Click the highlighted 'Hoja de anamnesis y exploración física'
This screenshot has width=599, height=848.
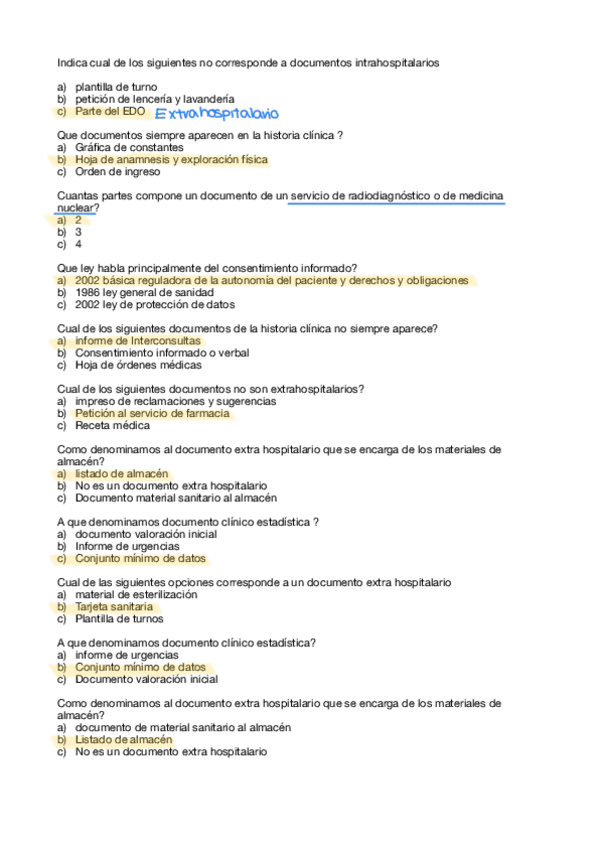171,159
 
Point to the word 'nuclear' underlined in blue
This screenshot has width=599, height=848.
75,207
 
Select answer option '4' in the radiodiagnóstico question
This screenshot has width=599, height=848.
78,243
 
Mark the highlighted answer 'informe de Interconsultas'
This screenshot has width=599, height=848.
137,341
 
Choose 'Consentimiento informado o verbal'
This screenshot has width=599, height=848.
161,353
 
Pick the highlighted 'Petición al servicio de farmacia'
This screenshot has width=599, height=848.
152,413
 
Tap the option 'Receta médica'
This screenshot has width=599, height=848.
112,425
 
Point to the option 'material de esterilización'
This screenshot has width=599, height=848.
136,594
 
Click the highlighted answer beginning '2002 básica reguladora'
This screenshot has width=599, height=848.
271,281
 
